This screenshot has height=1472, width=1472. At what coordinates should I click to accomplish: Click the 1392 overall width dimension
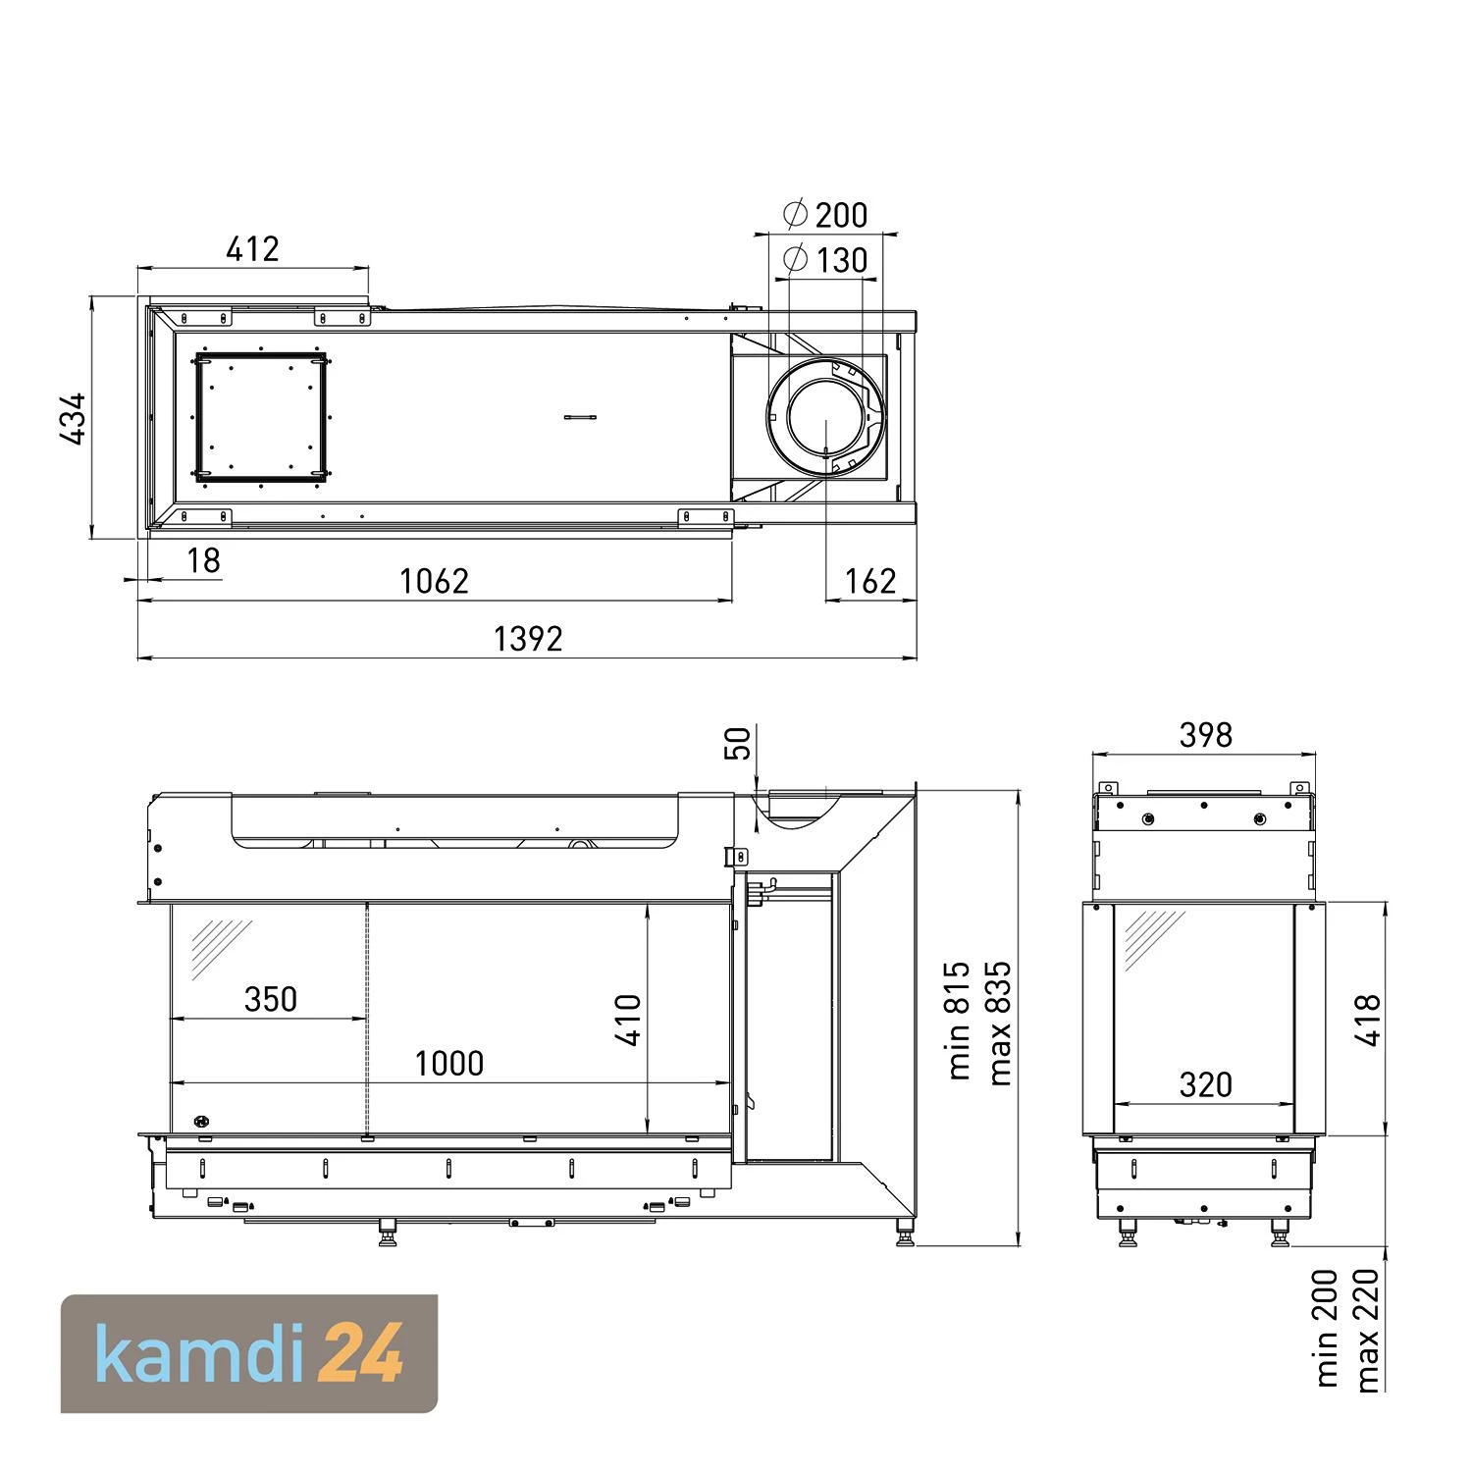coord(528,639)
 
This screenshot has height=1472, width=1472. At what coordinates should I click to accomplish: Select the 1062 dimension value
coord(434,582)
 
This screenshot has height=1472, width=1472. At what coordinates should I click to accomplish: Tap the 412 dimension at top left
coord(252,249)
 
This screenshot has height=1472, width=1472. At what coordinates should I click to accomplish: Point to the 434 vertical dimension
coord(74,419)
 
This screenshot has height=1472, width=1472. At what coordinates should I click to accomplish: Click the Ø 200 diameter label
coord(825,214)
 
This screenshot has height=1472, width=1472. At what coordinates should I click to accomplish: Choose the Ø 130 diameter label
coord(825,260)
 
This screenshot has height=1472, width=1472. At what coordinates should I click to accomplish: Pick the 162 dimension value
coord(870,582)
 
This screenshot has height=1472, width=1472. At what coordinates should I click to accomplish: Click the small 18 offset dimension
coord(203,560)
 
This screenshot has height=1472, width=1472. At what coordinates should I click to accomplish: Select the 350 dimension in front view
coord(270,999)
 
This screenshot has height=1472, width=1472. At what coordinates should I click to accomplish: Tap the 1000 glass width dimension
coord(449,1064)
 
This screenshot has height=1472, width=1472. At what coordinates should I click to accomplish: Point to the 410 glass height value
coord(628,1021)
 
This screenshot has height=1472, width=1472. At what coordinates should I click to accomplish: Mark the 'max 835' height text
coord(1000,1023)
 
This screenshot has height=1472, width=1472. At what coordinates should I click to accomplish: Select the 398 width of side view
coord(1205,735)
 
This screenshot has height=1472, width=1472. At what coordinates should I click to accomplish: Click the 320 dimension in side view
coord(1205,1084)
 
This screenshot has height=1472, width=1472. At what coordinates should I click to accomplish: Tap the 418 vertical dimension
coord(1368,1020)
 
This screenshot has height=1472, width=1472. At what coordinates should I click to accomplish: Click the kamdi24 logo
coord(249,1354)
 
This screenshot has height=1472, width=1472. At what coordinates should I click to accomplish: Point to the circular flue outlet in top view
coord(825,420)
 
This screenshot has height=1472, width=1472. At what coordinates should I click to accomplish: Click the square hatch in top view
coord(261,419)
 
